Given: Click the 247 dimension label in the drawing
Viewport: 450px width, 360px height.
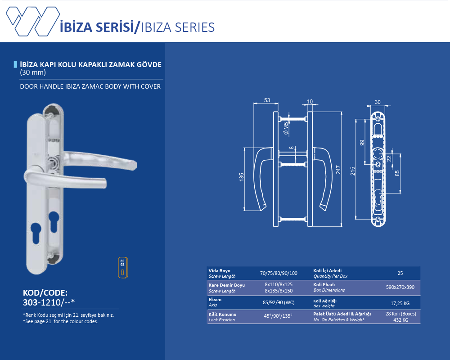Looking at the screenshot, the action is point(338,169).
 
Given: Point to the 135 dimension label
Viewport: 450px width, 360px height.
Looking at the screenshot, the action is point(241,177).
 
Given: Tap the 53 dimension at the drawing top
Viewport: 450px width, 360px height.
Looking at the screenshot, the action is point(267,100).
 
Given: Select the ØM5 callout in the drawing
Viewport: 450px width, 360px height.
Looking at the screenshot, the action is point(286,128).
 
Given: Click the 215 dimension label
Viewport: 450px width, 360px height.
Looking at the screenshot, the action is point(353,171).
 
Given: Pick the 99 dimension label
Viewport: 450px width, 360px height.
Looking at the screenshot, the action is point(362,143).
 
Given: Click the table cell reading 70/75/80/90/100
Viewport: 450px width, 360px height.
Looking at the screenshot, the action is point(279,273).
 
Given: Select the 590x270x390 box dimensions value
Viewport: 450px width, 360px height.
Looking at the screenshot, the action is point(400,287).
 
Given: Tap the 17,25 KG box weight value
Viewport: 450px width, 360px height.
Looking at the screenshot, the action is point(400,303).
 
